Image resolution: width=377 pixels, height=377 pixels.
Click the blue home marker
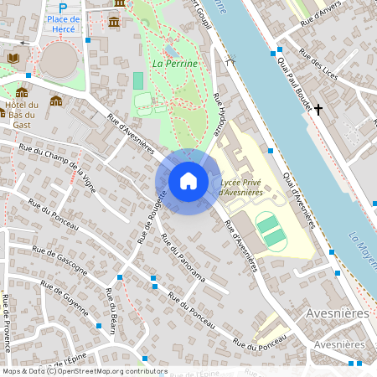coord(188,180)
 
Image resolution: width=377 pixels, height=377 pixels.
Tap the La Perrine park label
coord(175,64)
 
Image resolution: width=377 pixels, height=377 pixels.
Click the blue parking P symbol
coord(74,7)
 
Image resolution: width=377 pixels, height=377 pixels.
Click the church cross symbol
coord(318,109)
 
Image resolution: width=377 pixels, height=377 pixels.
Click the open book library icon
coord(13,58)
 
